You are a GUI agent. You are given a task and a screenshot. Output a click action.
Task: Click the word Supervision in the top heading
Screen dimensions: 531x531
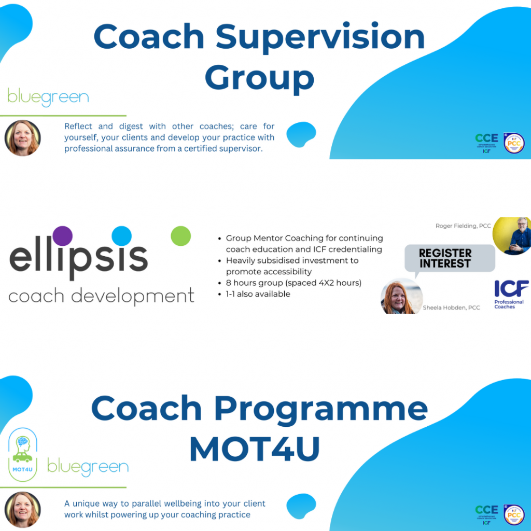click(320, 37)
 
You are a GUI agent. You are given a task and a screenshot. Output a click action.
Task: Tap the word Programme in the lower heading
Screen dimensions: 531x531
click(321, 409)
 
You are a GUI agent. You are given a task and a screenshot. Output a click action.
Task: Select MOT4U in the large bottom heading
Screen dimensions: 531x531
click(254, 450)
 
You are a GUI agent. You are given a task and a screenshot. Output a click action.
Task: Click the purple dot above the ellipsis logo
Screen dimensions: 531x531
click(63, 235)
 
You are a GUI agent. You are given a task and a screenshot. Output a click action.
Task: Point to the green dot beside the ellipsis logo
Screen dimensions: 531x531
click(180, 236)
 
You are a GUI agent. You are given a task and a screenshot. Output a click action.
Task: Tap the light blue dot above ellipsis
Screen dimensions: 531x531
click(121, 235)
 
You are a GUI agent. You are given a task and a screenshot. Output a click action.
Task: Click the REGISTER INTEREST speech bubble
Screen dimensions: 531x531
click(445, 258)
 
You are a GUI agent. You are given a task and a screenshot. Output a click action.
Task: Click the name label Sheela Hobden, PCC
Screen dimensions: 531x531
click(451, 308)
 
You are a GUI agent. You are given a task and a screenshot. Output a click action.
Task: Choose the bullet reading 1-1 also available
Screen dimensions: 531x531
click(258, 294)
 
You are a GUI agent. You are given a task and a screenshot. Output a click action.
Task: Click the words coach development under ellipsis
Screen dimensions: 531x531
click(101, 297)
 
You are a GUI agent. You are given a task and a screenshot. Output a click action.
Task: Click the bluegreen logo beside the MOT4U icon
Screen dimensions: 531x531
click(88, 467)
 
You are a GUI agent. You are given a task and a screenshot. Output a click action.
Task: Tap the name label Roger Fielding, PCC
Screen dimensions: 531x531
click(463, 226)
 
